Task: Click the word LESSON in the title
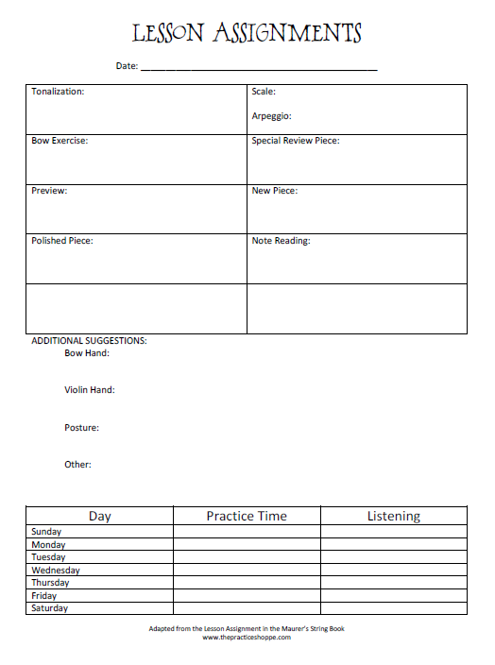pos(168,35)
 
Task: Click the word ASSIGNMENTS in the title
pos(287,35)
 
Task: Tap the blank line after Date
pos(259,67)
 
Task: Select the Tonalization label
pos(58,92)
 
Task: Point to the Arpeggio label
pos(271,116)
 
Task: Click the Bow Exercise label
pos(60,141)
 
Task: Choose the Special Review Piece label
pos(295,141)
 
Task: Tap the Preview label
pos(49,191)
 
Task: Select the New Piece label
pos(274,191)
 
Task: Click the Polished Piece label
pos(62,241)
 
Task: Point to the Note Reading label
pos(281,241)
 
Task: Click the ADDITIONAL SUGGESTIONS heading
pos(89,340)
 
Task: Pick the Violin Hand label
pos(90,389)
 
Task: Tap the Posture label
pos(81,428)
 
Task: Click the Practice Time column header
pos(247,516)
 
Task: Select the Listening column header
pos(394,516)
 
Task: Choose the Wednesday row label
pos(56,571)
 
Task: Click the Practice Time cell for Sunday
pos(247,532)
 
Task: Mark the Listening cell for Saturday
pos(394,608)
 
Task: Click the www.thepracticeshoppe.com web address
pos(247,638)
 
